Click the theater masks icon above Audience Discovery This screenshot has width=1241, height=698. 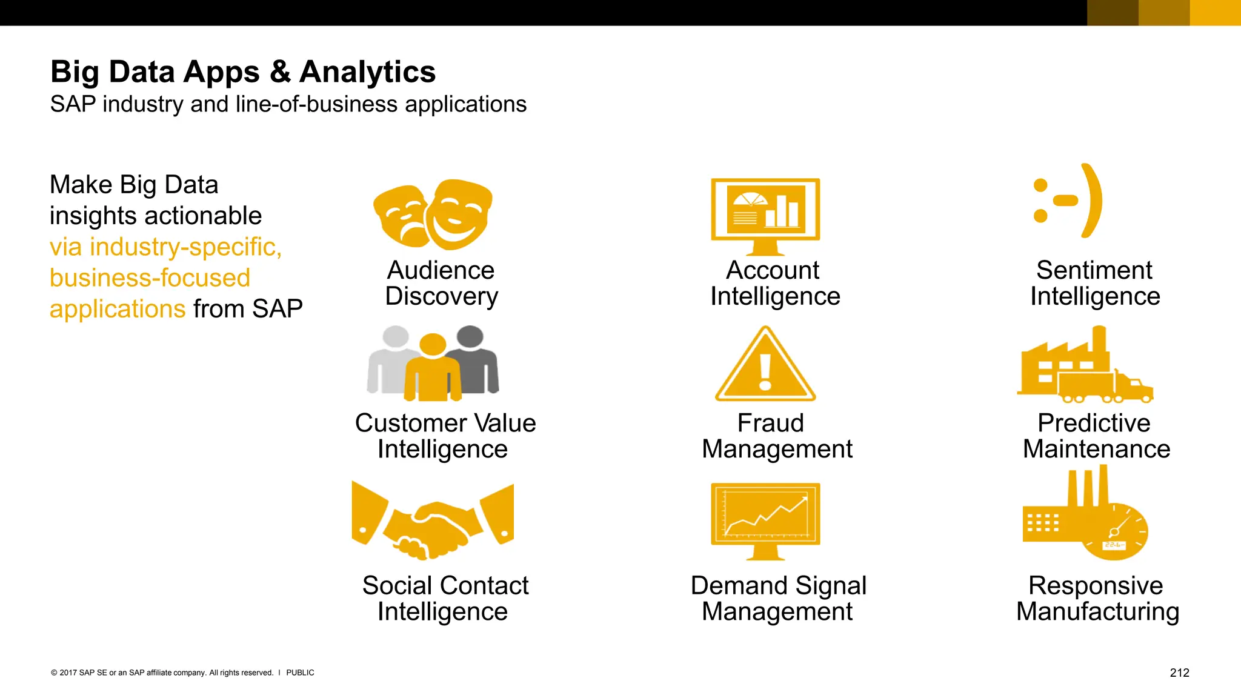pyautogui.click(x=433, y=214)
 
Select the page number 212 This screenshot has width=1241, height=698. pyautogui.click(x=1179, y=673)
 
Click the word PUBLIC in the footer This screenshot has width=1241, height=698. pyautogui.click(x=300, y=673)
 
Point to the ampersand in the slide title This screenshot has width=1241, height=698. pyautogui.click(x=279, y=72)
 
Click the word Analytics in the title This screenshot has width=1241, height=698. pyautogui.click(x=367, y=72)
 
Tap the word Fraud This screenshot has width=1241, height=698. pyautogui.click(x=770, y=423)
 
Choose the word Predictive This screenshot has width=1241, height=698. pyautogui.click(x=1094, y=423)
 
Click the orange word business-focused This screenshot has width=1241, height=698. pyautogui.click(x=150, y=278)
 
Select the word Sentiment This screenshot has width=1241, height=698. pyautogui.click(x=1094, y=270)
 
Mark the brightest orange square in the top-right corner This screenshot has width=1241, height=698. pyautogui.click(x=1215, y=13)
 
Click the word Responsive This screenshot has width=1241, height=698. pyautogui.click(x=1096, y=585)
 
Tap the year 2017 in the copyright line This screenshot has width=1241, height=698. pyautogui.click(x=68, y=673)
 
